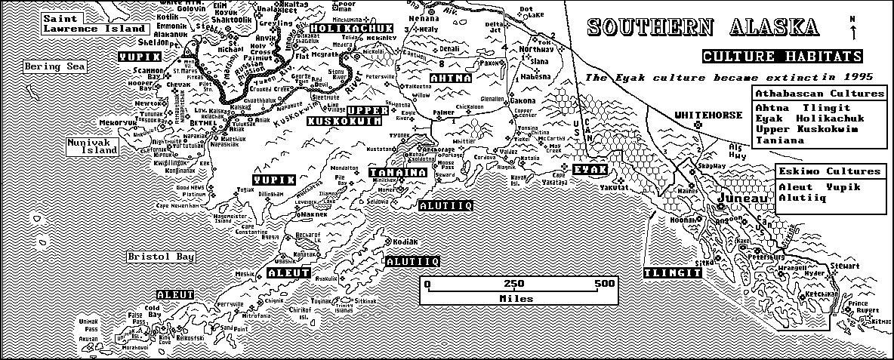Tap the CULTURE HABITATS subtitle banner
783,57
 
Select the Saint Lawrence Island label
94,23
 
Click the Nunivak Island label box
92,146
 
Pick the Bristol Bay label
160,257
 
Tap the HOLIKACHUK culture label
352,28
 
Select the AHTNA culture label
451,78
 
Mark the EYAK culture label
590,169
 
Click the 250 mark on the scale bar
514,285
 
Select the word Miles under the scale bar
516,298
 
